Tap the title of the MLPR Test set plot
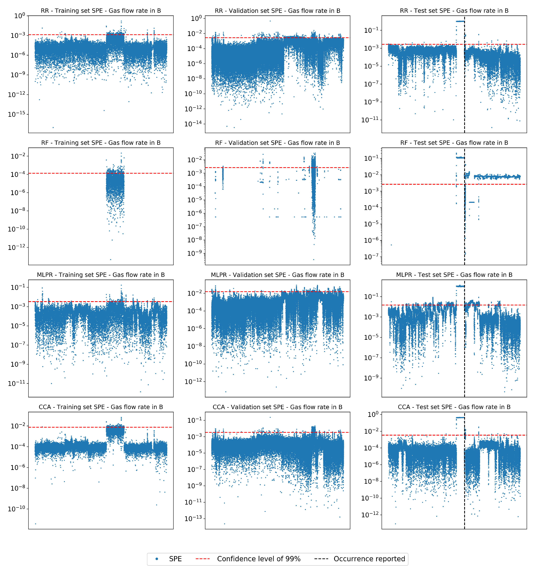(454, 275)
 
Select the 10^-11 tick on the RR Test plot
(370, 119)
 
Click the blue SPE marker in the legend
(157, 559)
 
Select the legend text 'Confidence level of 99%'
(259, 559)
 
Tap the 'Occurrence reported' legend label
(369, 559)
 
